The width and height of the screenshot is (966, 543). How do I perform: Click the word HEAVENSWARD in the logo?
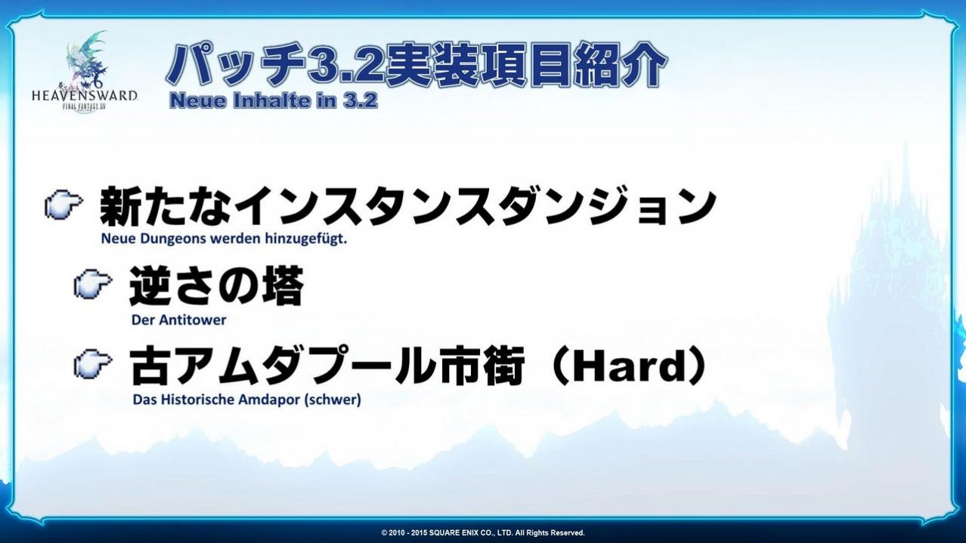point(85,96)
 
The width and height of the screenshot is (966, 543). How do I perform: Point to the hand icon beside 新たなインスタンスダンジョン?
point(63,206)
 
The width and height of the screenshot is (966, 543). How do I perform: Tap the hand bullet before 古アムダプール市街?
point(93,363)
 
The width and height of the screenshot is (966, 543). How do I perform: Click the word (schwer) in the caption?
point(333,400)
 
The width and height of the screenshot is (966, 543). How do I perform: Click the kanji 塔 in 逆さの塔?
point(283,285)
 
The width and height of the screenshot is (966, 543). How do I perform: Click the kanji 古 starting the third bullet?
point(151,366)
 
